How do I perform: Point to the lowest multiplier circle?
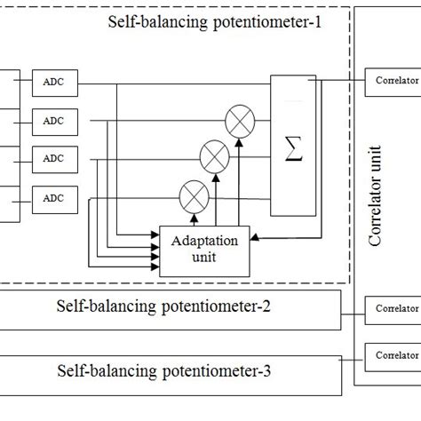tap(190, 194)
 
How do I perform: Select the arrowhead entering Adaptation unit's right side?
tap(253, 237)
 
